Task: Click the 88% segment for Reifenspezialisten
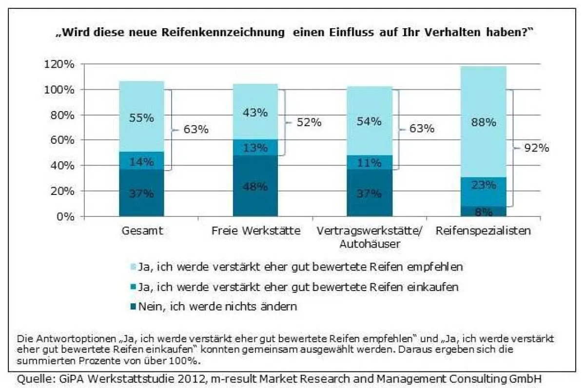click(x=483, y=121)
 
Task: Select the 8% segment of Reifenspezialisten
click(x=483, y=212)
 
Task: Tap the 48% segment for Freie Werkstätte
click(x=255, y=186)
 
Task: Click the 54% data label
click(x=369, y=122)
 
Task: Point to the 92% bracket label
click(x=537, y=148)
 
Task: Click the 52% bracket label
click(x=309, y=122)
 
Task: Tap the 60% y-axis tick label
click(x=63, y=140)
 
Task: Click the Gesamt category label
click(x=141, y=231)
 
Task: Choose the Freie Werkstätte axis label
click(x=256, y=231)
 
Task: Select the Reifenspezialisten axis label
click(x=483, y=231)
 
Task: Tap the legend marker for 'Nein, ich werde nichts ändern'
click(x=133, y=307)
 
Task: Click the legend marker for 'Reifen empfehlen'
click(x=133, y=268)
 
